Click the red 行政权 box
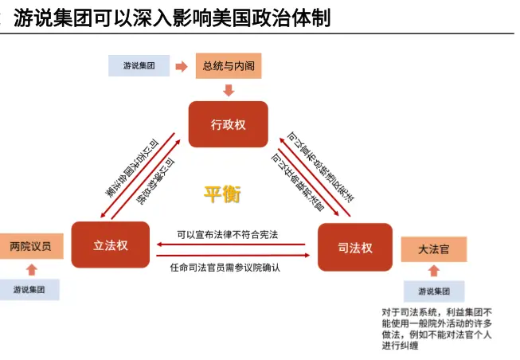point(228,124)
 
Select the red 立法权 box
point(111,245)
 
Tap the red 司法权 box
point(355,248)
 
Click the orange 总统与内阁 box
point(229,65)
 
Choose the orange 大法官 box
point(434,249)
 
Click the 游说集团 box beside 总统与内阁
point(140,66)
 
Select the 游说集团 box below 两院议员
point(31,289)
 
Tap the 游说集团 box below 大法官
point(434,291)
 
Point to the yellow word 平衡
point(221,193)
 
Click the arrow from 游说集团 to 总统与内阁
point(182,66)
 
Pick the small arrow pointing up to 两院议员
point(31,269)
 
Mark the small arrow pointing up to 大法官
point(434,271)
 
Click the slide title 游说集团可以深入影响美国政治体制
point(171,17)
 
